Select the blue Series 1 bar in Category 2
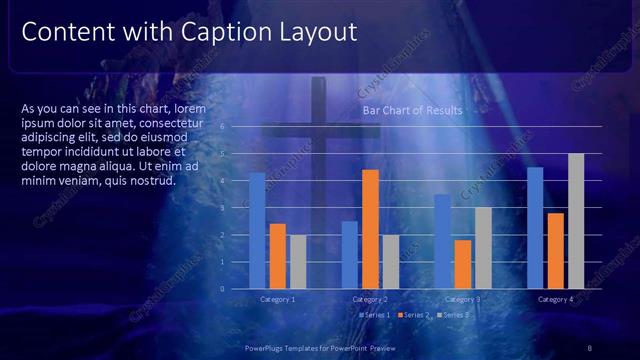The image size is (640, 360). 349,255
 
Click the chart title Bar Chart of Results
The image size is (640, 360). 412,111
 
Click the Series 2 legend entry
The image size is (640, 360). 414,315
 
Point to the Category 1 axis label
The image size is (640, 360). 277,299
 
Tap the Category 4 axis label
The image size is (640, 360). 555,299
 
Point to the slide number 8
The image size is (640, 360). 590,347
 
